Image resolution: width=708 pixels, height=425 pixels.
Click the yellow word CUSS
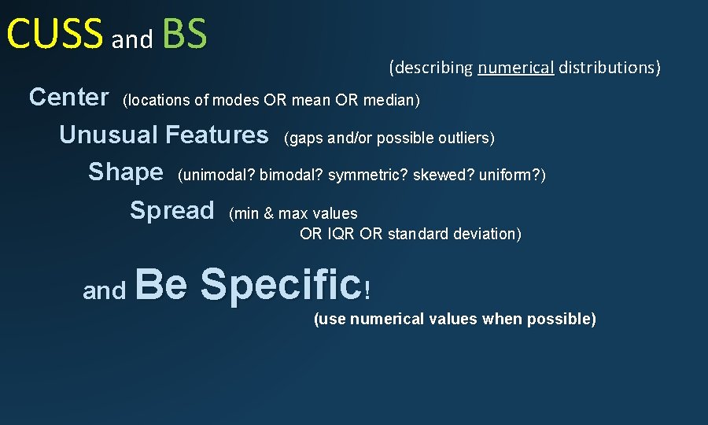click(54, 34)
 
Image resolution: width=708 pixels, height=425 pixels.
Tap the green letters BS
click(184, 34)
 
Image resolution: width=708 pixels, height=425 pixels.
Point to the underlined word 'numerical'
click(515, 68)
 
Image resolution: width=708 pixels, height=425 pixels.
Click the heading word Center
click(68, 98)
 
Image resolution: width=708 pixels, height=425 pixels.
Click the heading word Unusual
click(109, 135)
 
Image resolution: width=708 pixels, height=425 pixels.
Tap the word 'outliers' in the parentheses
click(465, 139)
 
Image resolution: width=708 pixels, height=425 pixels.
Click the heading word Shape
click(126, 172)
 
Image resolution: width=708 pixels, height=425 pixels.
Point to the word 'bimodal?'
click(291, 175)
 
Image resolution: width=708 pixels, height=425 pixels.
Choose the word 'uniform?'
click(506, 175)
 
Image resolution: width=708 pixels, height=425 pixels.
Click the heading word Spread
click(171, 211)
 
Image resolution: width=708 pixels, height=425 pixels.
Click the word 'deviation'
click(484, 234)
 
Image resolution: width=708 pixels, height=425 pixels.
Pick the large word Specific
click(280, 284)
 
